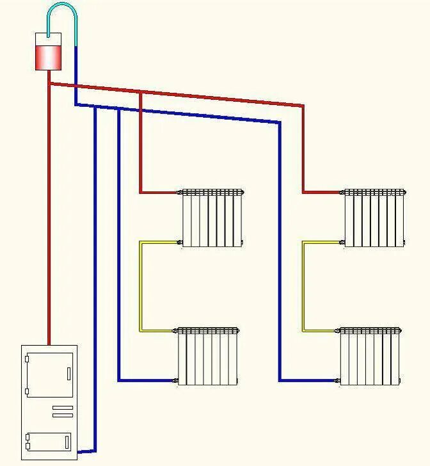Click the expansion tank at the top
(x=49, y=51)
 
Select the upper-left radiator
(x=212, y=218)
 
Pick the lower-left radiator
(x=208, y=357)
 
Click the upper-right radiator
(x=374, y=218)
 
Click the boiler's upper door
(x=49, y=374)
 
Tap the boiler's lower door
(x=49, y=442)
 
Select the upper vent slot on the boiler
(x=62, y=408)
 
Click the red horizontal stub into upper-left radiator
(x=159, y=192)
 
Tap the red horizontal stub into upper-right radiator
(x=322, y=192)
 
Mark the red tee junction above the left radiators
(x=140, y=93)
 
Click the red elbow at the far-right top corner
(x=303, y=106)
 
